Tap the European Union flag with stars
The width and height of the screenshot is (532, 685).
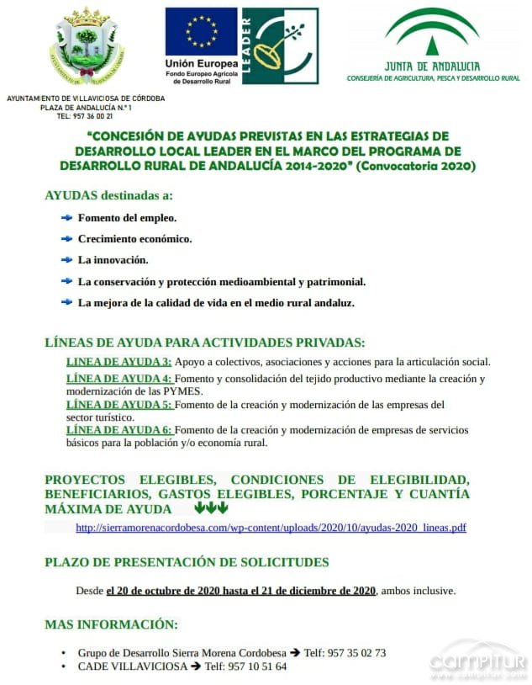pos(201,32)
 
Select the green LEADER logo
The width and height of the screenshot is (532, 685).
pos(280,45)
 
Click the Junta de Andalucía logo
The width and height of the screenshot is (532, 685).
pos(433,45)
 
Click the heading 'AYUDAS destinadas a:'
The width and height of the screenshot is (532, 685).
pos(108,195)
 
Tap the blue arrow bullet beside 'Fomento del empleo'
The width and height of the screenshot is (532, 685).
pos(66,218)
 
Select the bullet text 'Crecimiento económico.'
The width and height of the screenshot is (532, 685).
pos(134,239)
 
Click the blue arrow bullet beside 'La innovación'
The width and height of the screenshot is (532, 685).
pos(66,260)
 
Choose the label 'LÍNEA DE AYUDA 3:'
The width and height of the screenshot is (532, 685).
pos(119,362)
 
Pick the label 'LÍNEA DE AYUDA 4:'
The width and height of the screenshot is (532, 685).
pos(119,379)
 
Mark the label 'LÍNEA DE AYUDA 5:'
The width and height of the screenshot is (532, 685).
pos(119,405)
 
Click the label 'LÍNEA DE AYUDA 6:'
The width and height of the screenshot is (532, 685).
pos(119,430)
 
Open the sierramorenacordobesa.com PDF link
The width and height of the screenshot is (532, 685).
pos(271,528)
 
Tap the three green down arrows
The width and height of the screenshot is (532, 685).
pos(211,508)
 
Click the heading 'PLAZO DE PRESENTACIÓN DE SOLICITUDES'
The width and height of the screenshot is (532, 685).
pos(187,562)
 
